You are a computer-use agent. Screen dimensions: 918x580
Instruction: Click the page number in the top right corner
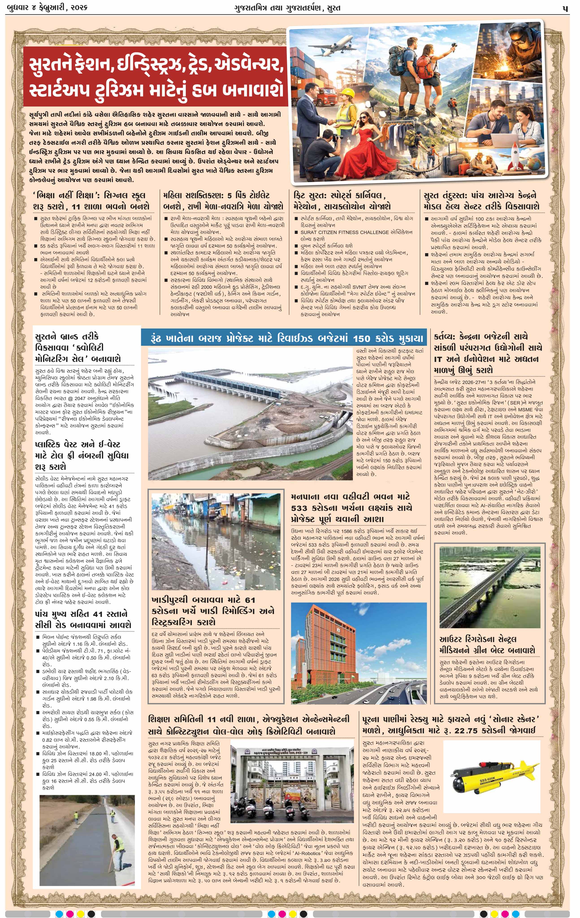[x=565, y=8]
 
